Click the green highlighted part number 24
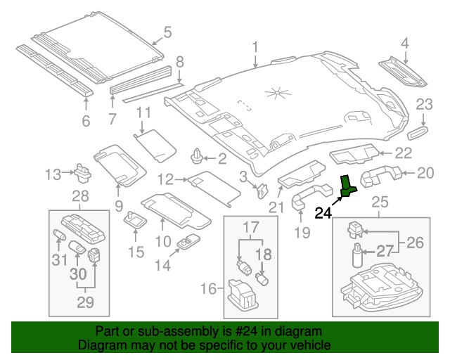point(348,185)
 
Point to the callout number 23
point(424,105)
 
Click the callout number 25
point(380,202)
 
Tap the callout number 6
point(86,122)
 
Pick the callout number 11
point(143,112)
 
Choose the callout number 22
point(403,153)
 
